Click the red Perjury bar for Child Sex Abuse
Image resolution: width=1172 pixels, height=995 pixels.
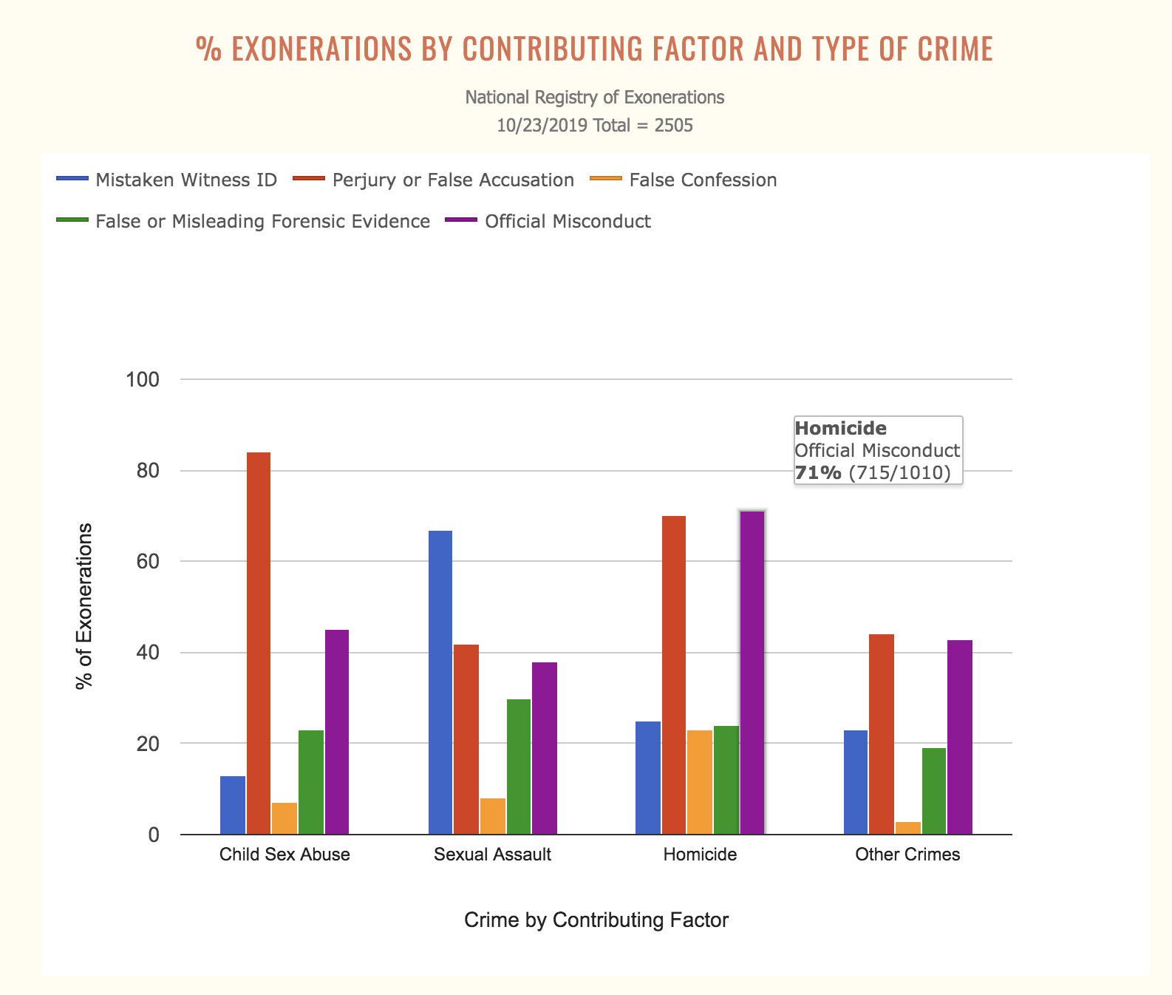[x=259, y=643]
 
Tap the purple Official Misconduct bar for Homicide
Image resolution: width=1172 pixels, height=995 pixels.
[x=752, y=673]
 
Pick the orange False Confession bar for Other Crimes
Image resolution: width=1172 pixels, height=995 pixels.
[x=908, y=828]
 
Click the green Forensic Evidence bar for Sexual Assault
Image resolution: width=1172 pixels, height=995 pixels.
[x=519, y=767]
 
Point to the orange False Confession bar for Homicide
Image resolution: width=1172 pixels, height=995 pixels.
[x=700, y=782]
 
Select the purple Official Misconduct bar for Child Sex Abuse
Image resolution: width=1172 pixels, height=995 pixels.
[x=337, y=732]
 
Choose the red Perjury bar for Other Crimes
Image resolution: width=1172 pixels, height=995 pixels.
[x=882, y=734]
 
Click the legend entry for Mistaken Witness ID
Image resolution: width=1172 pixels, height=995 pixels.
[x=186, y=180]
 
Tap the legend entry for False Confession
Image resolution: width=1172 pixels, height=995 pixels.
[x=703, y=180]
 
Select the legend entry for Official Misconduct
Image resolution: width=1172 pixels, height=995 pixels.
[x=568, y=222]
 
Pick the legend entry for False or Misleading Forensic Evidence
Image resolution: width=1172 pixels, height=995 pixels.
[x=262, y=222]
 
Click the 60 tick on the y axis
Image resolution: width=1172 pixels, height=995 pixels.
[x=147, y=562]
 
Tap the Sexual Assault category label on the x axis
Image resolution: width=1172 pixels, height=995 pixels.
[x=492, y=855]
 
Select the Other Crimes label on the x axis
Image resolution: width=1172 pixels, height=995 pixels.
[x=907, y=855]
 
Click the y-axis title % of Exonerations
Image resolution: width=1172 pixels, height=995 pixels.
[x=85, y=606]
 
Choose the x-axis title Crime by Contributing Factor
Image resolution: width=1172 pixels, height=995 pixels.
[x=596, y=920]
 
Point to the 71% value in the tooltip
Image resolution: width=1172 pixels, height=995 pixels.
[x=817, y=473]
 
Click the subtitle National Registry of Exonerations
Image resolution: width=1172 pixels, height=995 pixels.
[x=595, y=98]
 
